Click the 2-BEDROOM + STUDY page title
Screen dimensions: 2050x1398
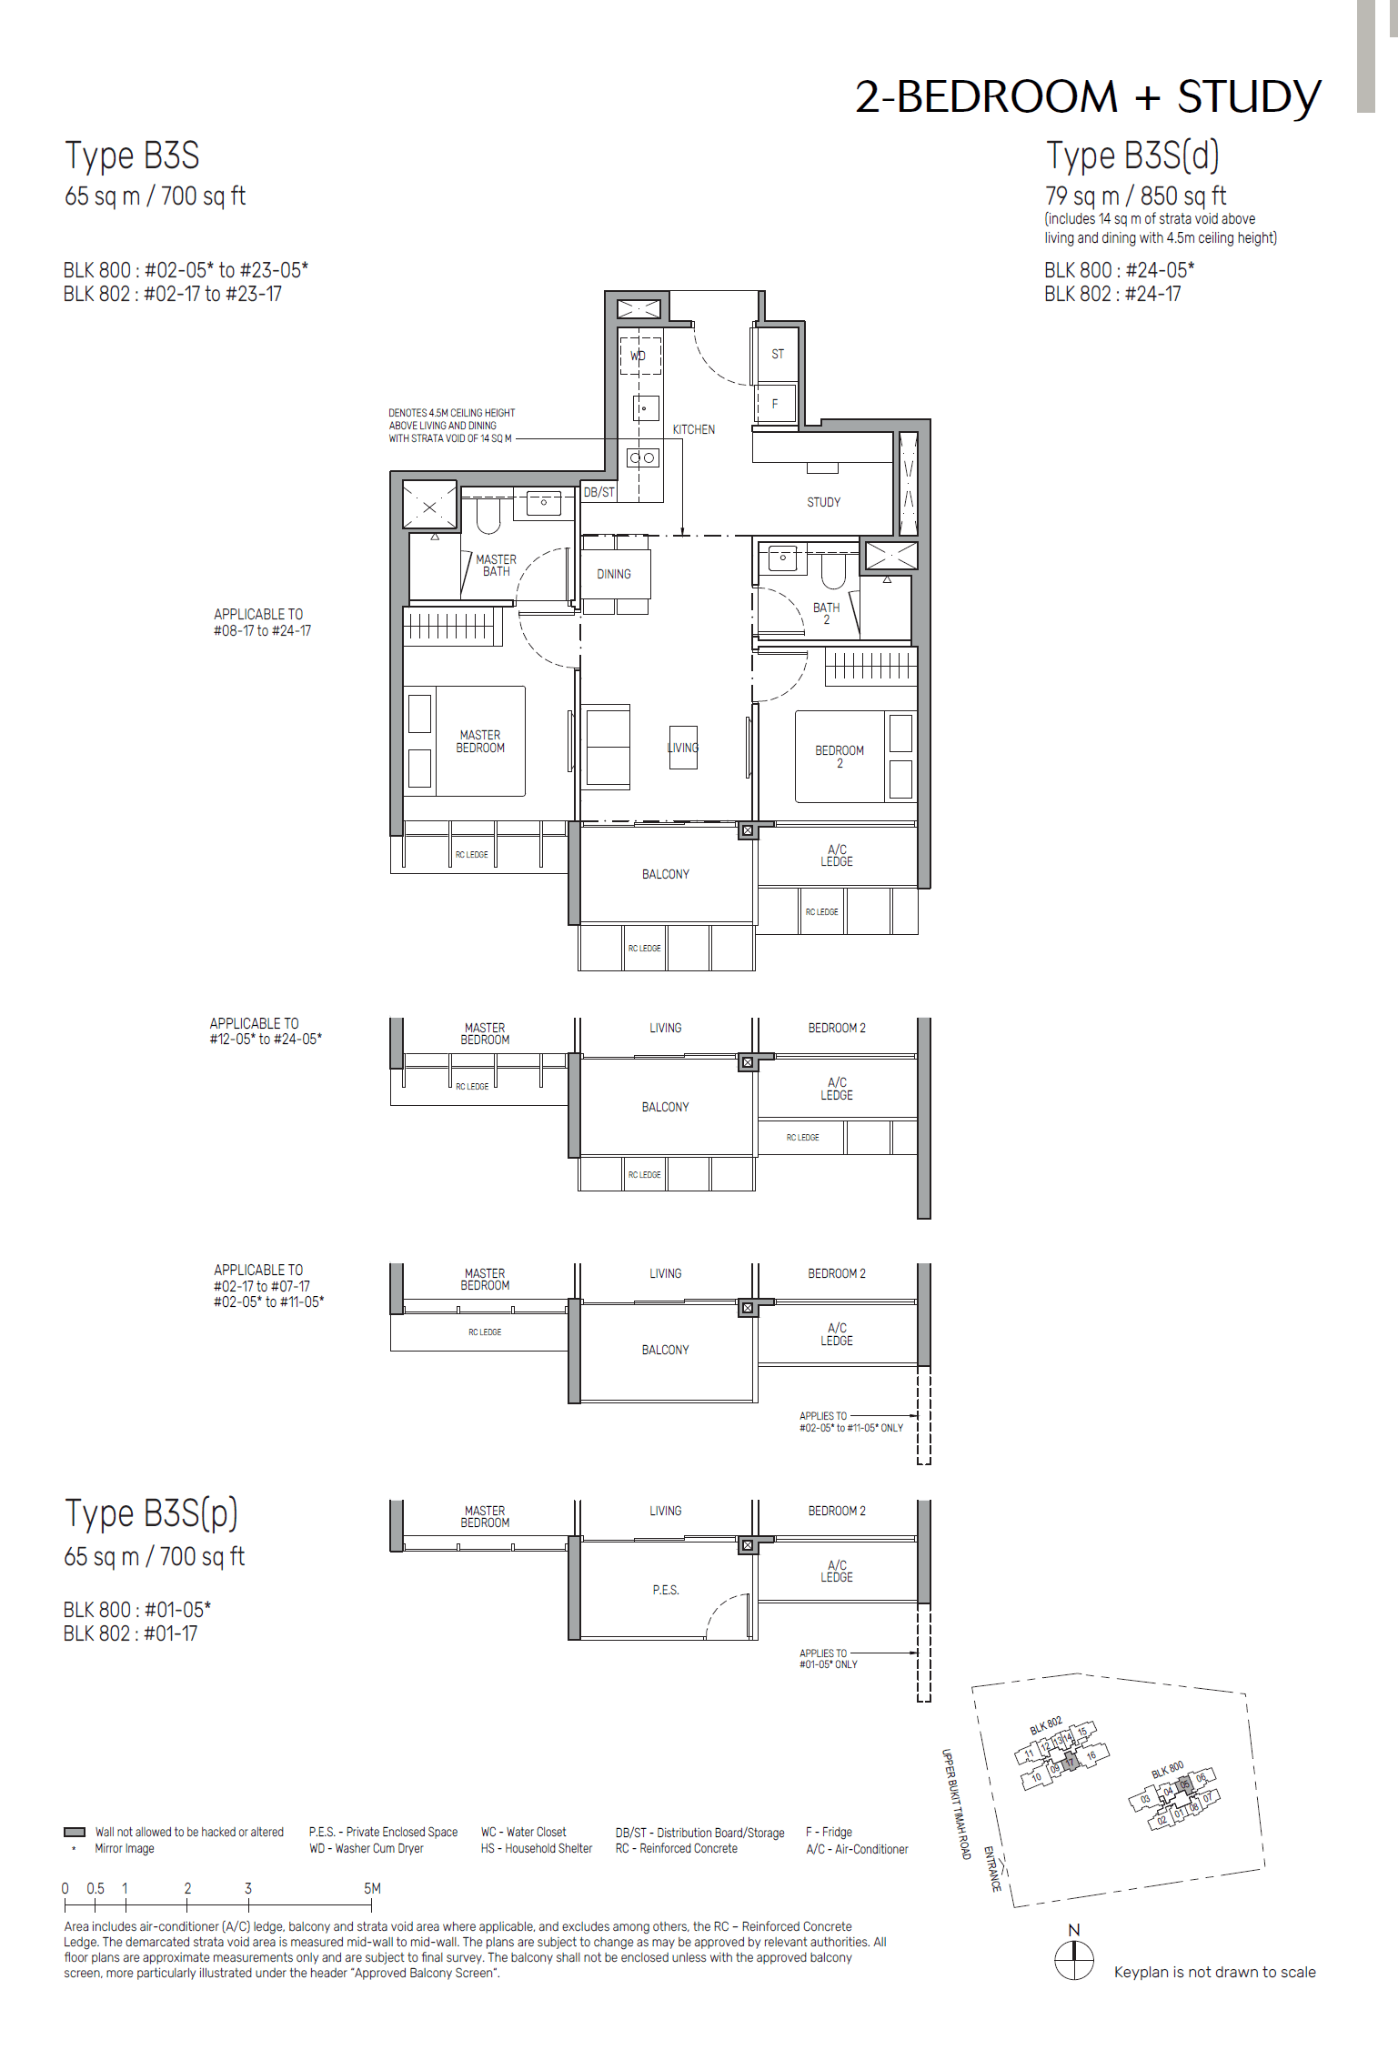tap(1087, 96)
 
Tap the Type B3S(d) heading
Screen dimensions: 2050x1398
tap(1131, 156)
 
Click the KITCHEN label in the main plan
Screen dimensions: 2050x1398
tap(693, 429)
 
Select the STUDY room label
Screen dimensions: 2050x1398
tap(823, 502)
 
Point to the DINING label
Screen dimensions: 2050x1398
tap(613, 574)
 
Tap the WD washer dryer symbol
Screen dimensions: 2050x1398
tap(639, 356)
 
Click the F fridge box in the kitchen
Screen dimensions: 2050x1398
tap(775, 404)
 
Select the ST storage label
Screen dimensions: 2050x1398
tap(778, 354)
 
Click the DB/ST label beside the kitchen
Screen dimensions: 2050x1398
tap(598, 492)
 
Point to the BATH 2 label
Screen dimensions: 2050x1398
tap(826, 613)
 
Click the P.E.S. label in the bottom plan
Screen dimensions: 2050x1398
tap(665, 1590)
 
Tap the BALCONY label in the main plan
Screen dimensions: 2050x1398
tap(665, 874)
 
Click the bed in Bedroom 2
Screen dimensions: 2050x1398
tap(840, 757)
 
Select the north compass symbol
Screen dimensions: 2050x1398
tap(1074, 1960)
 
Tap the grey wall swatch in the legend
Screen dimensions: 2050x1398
tap(75, 1832)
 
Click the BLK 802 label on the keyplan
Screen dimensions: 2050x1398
tap(1045, 1725)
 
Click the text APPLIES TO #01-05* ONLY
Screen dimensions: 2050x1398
tap(828, 1658)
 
